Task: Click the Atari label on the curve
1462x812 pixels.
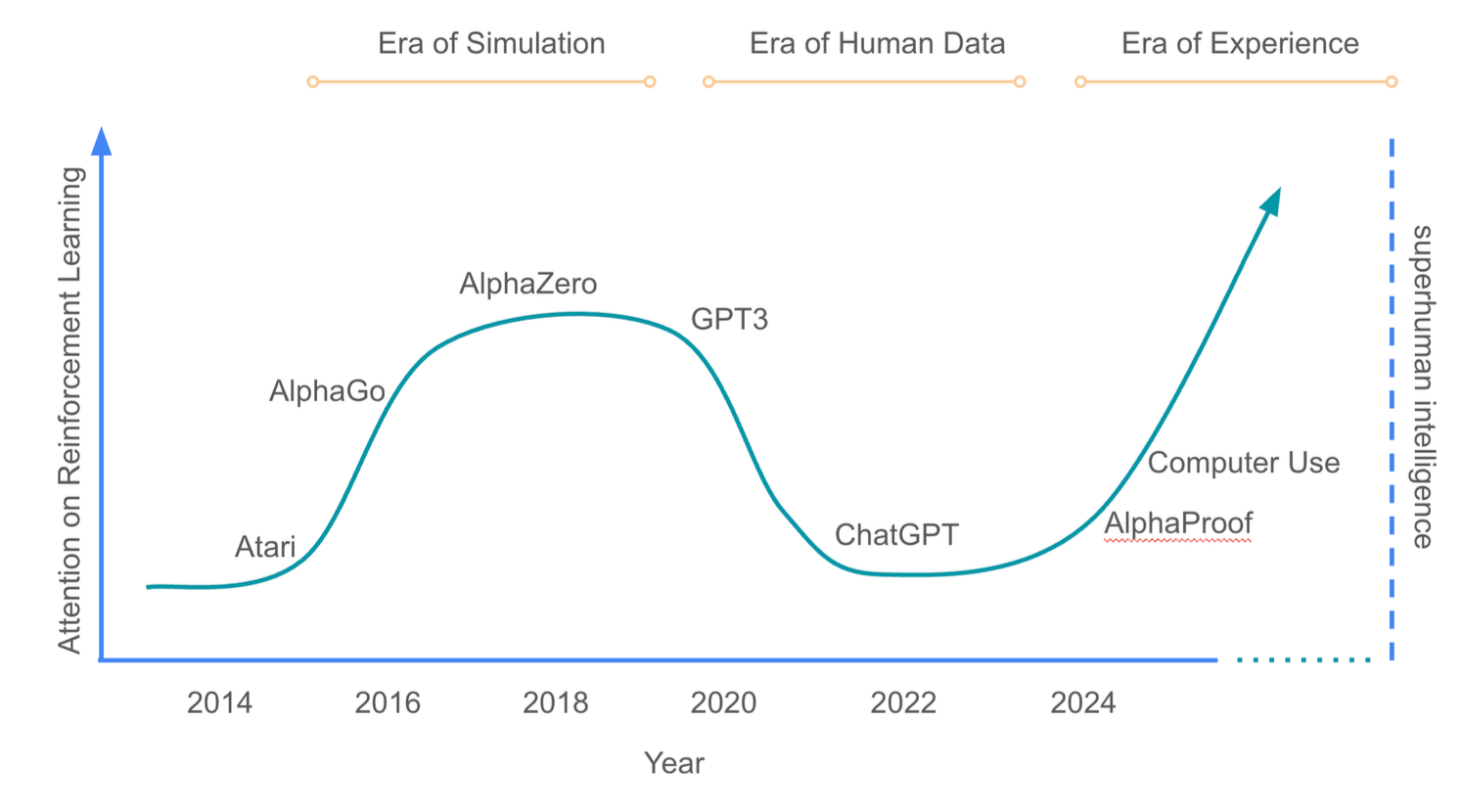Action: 265,547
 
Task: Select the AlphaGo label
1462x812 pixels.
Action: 327,391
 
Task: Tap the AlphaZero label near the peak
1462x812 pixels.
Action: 528,284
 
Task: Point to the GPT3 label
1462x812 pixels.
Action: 729,320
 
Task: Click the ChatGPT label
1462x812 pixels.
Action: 896,535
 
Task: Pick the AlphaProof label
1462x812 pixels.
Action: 1178,524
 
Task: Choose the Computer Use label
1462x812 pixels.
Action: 1243,463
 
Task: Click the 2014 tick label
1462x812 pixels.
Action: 219,702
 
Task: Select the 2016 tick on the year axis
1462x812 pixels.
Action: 388,702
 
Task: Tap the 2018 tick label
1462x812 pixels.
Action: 556,702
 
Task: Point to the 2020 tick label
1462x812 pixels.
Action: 724,702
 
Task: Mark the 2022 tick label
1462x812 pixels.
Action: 903,702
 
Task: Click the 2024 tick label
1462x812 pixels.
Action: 1082,702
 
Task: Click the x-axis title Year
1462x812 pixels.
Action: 673,763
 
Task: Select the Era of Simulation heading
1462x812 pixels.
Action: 491,44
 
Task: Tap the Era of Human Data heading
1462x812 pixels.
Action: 877,44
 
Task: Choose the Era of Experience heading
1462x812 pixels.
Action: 1240,44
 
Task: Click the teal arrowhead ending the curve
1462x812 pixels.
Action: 1270,201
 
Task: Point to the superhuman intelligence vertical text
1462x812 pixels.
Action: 1422,386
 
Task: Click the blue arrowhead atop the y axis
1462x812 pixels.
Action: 101,142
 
